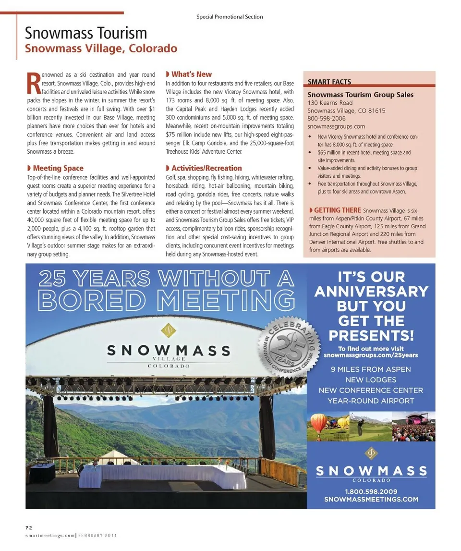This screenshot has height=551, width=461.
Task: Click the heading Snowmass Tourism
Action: (x=86, y=33)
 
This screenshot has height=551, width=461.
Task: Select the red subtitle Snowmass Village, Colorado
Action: (x=101, y=49)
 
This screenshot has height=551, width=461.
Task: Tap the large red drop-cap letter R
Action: (x=33, y=83)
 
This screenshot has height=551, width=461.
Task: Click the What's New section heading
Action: (x=191, y=74)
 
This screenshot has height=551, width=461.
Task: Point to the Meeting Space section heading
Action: (x=58, y=168)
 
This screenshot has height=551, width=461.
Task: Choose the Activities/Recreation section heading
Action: (x=206, y=168)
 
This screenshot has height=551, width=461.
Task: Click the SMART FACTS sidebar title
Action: (x=329, y=82)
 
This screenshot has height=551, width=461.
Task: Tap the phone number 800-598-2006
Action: (x=327, y=118)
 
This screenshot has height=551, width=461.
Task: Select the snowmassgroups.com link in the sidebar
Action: (x=336, y=126)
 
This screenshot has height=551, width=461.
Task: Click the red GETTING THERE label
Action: (x=338, y=210)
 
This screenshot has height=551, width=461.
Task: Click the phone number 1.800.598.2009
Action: (x=371, y=491)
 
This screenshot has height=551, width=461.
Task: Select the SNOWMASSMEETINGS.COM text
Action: (x=371, y=499)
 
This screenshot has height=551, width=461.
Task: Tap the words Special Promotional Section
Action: (x=230, y=17)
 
